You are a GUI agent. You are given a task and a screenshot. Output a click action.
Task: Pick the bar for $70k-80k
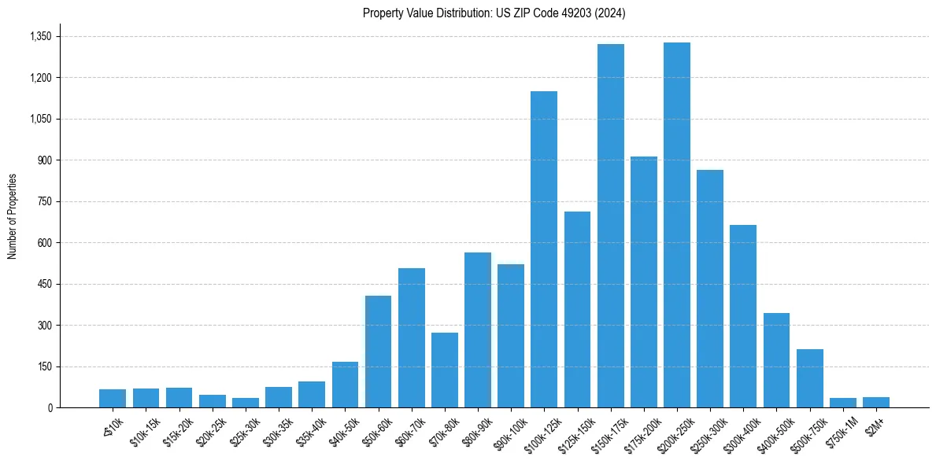tap(445, 370)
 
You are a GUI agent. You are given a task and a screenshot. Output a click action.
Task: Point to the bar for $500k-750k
tap(810, 378)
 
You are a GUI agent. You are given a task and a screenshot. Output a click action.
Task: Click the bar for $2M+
tap(876, 403)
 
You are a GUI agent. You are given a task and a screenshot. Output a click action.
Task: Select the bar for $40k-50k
tap(345, 385)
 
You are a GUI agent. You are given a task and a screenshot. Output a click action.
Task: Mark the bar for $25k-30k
tap(246, 403)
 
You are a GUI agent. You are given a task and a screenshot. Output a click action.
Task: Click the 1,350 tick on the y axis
tap(40, 37)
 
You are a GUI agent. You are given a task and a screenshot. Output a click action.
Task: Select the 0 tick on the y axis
tap(50, 408)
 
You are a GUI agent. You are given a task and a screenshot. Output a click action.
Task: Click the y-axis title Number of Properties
tap(13, 216)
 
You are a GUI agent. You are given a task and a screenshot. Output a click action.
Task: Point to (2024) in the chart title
tap(611, 13)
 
